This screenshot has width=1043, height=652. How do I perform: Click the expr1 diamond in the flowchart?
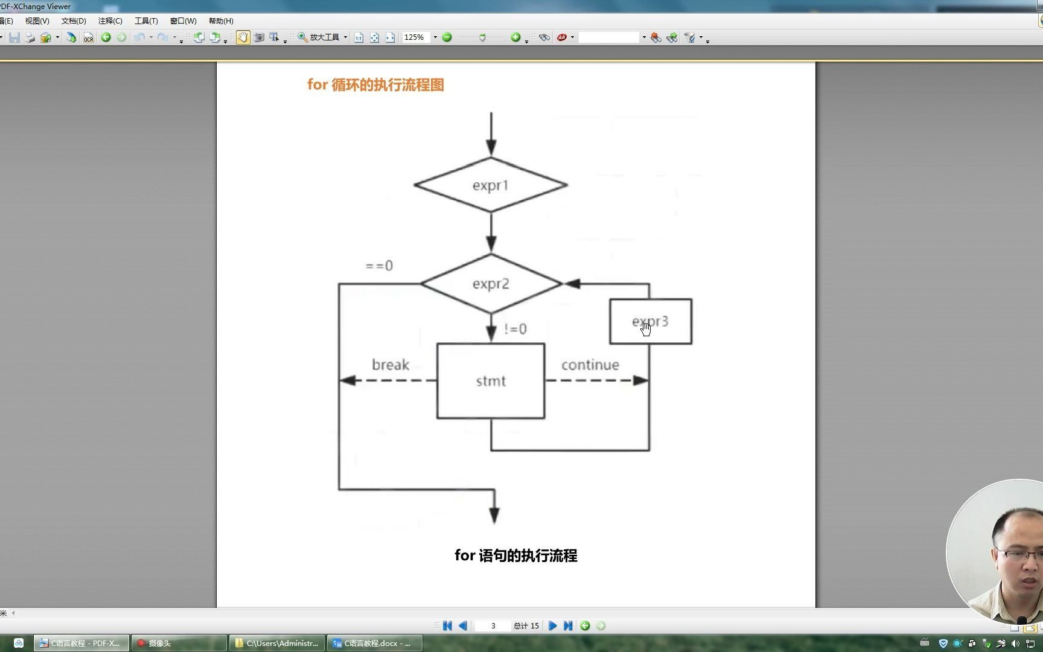(490, 185)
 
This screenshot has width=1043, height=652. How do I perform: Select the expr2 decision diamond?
(490, 283)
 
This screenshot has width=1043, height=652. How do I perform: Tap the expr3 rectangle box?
(651, 321)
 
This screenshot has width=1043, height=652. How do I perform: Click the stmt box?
(490, 381)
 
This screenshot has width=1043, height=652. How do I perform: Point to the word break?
(390, 365)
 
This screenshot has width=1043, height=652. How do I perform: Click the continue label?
(590, 365)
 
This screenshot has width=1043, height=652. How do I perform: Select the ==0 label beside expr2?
(379, 266)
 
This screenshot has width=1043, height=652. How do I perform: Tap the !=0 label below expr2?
(515, 329)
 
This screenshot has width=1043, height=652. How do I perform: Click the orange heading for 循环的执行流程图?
(375, 85)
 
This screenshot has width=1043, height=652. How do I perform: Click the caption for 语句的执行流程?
(515, 555)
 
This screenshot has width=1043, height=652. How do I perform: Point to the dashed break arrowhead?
(347, 380)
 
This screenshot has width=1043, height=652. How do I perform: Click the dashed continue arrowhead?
(641, 380)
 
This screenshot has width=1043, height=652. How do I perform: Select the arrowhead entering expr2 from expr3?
(571, 284)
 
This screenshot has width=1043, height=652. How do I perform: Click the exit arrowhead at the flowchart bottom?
(494, 515)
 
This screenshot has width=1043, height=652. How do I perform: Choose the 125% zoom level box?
(415, 37)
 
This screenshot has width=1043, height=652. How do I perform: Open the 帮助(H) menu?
(221, 21)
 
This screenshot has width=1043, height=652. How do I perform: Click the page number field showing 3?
(493, 626)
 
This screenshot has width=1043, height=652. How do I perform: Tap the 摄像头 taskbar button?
(179, 643)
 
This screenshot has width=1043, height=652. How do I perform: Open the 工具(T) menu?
(146, 21)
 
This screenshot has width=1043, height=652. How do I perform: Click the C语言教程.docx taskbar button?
(374, 643)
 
